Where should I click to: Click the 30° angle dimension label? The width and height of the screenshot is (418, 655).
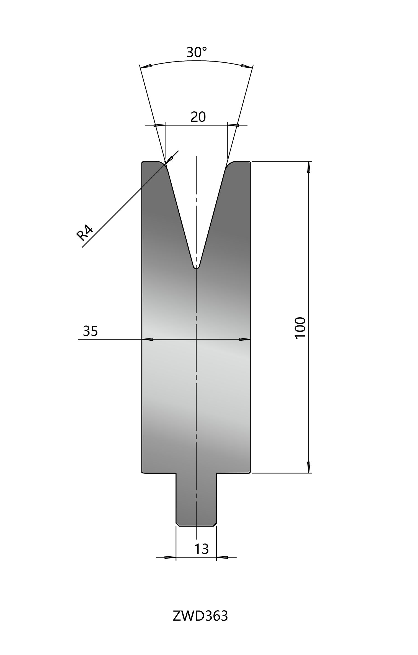197,52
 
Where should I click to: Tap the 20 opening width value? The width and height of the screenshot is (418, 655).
198,117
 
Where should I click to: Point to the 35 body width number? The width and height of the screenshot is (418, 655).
90,331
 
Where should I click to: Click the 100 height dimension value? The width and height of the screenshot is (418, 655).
300,328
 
